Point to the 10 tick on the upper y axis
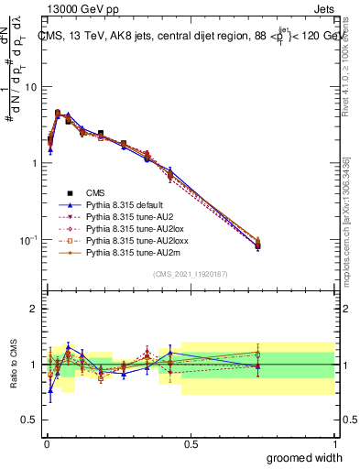(30, 86)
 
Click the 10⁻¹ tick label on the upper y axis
(27, 239)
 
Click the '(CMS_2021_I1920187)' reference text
(191, 274)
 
